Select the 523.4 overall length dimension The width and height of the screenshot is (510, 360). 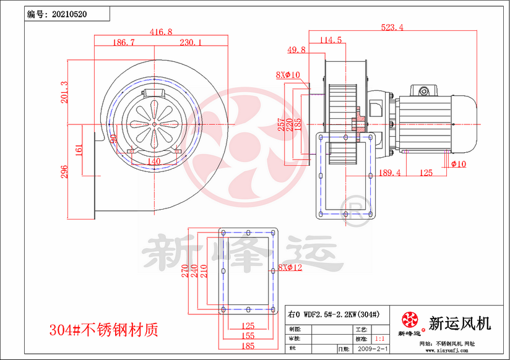coord(392,27)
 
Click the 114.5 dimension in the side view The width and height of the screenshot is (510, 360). coord(331,40)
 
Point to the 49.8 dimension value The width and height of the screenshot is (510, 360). coord(296,49)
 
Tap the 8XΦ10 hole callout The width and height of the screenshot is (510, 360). coord(288,75)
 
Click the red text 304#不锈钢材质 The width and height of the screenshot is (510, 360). coord(103,329)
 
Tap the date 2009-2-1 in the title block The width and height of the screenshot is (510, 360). coord(374,349)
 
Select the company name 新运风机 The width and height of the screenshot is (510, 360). coord(459,323)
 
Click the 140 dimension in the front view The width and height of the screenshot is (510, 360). coord(153,161)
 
